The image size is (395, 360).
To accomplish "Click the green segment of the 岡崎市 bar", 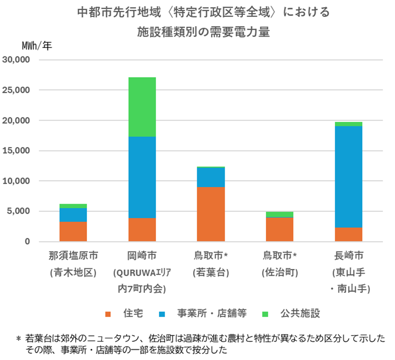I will point(142,107).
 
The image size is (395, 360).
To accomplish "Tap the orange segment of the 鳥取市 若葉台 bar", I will point(210,214).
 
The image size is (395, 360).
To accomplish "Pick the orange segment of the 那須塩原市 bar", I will point(73,232).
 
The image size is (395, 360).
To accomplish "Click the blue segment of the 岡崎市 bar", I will point(142,177).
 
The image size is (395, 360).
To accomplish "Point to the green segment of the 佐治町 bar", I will point(279,214).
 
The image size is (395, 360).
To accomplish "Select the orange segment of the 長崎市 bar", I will point(348,234).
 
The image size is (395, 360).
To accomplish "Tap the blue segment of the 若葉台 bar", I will point(210,177).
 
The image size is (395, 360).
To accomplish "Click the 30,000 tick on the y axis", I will point(17,60).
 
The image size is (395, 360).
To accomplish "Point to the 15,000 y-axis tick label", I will point(17,151).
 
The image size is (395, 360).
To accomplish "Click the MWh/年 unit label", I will point(37,44).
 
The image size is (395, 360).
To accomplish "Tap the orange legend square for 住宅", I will point(108,313).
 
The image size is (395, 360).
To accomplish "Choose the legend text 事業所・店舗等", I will point(212,313).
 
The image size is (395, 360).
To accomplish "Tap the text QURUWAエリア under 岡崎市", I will point(141,273).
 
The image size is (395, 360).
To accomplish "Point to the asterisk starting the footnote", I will point(18,338).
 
